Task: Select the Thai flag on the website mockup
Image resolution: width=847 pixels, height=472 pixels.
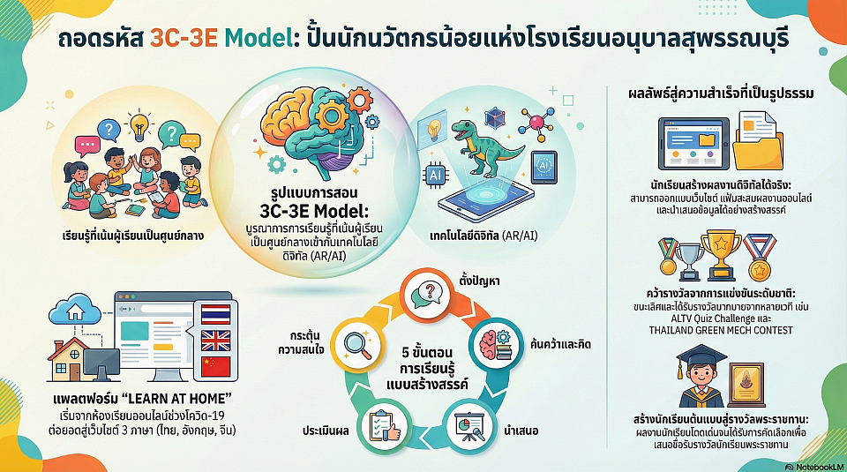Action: (x=215, y=314)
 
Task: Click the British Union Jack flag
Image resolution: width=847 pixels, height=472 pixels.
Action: (x=215, y=341)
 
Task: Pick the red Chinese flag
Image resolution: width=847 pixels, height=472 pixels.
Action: (x=215, y=367)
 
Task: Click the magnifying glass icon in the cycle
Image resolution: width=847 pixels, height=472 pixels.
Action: (x=357, y=345)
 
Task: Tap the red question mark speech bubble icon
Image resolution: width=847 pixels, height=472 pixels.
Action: (x=428, y=295)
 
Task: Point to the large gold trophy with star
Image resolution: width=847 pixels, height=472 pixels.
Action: (x=721, y=254)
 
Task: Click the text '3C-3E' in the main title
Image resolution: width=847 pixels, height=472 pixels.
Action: (x=184, y=39)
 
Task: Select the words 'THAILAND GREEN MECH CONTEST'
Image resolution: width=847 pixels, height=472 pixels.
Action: (x=721, y=330)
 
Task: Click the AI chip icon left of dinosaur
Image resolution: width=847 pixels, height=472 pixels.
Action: (x=435, y=175)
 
